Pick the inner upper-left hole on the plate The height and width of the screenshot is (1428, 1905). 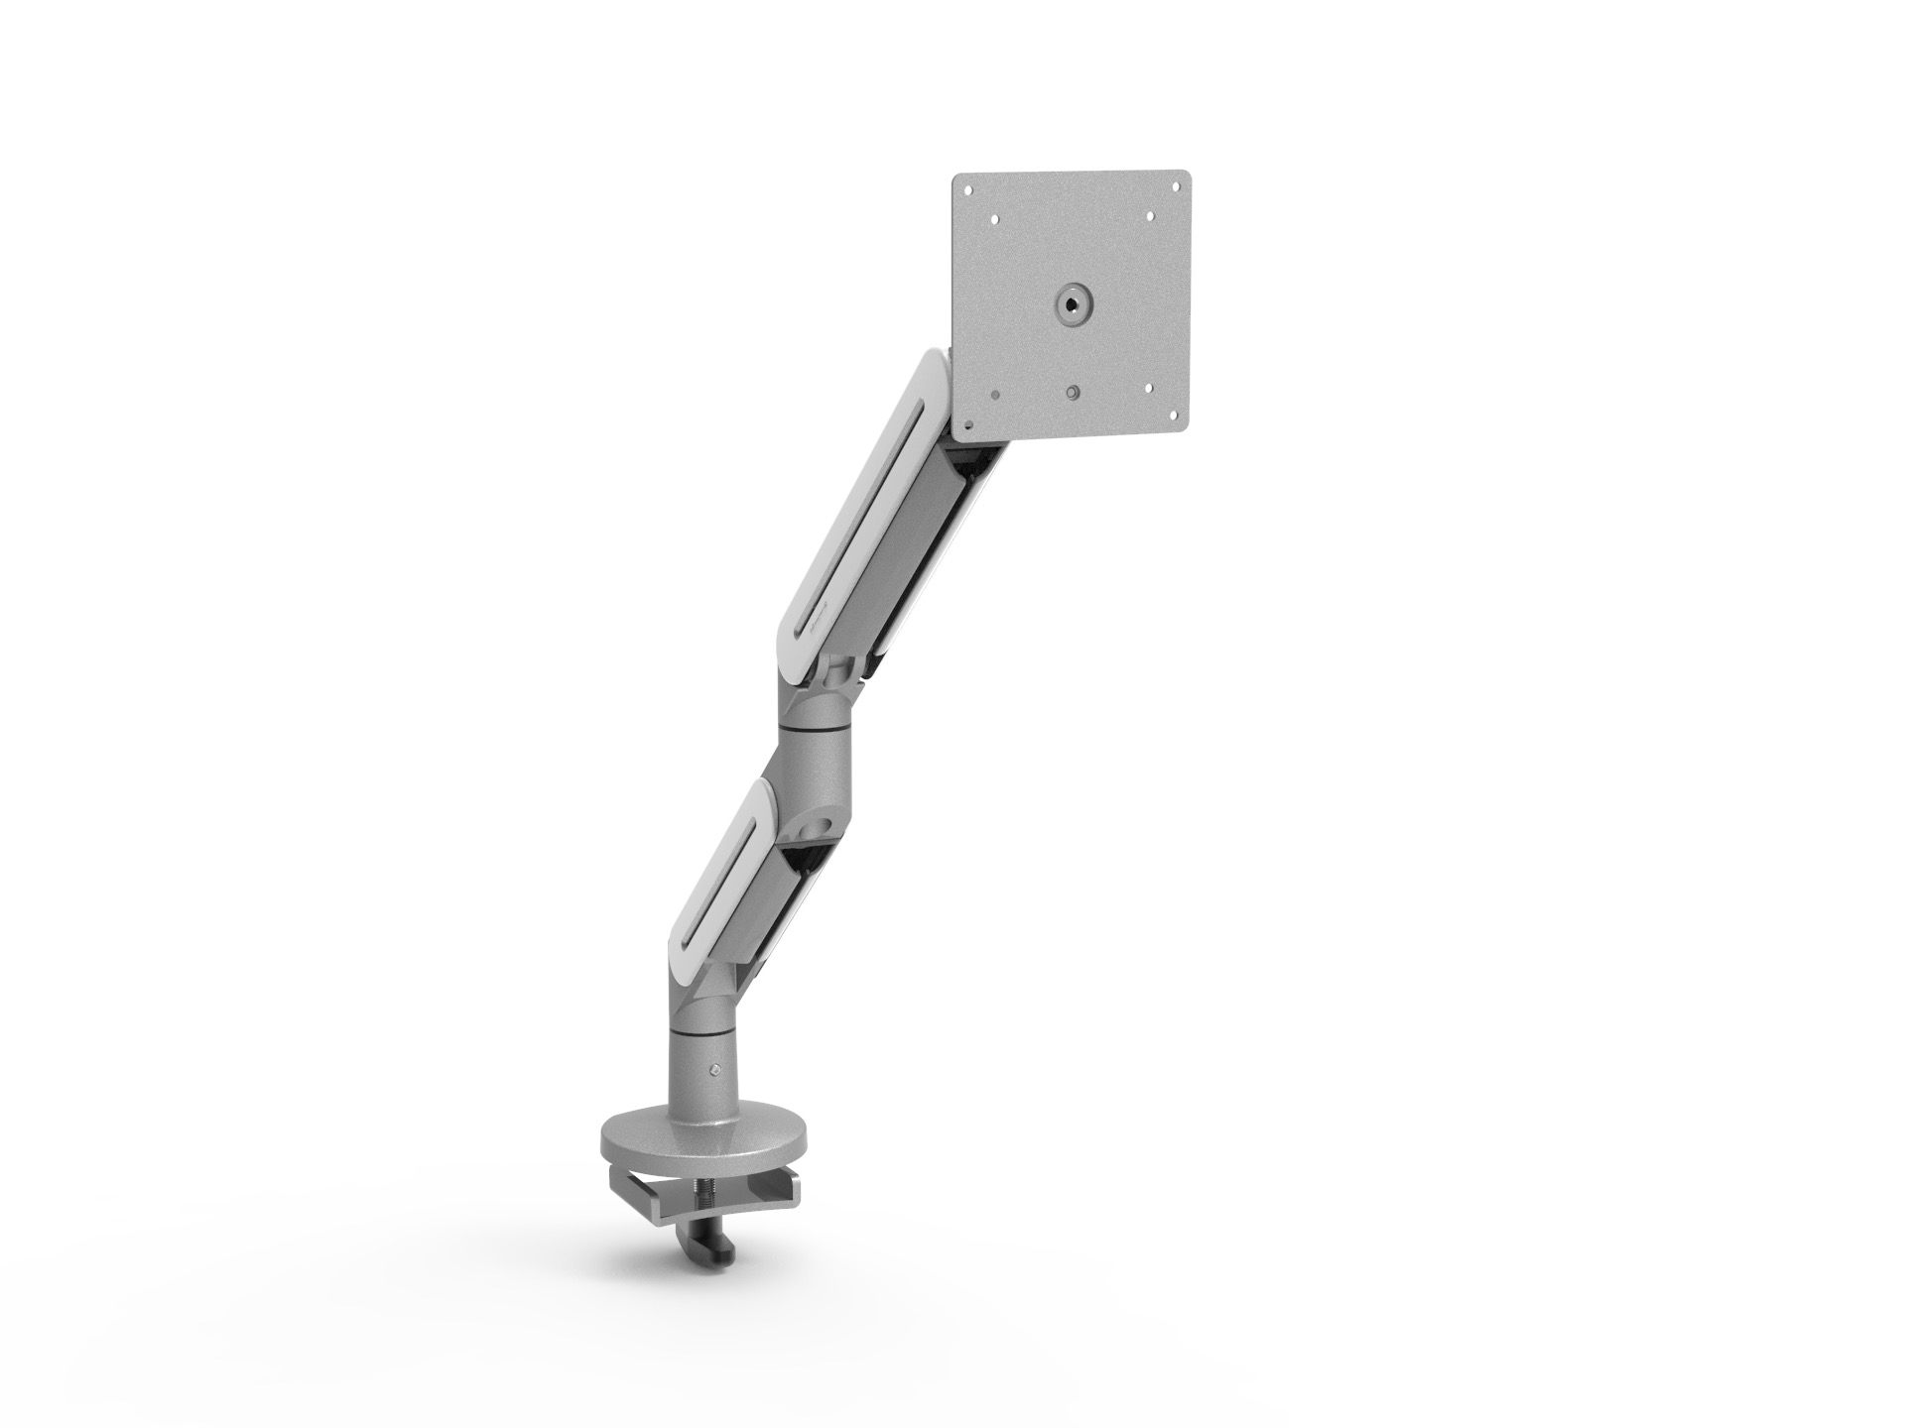pos(993,218)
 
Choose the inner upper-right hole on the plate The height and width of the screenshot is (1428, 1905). pos(1149,215)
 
